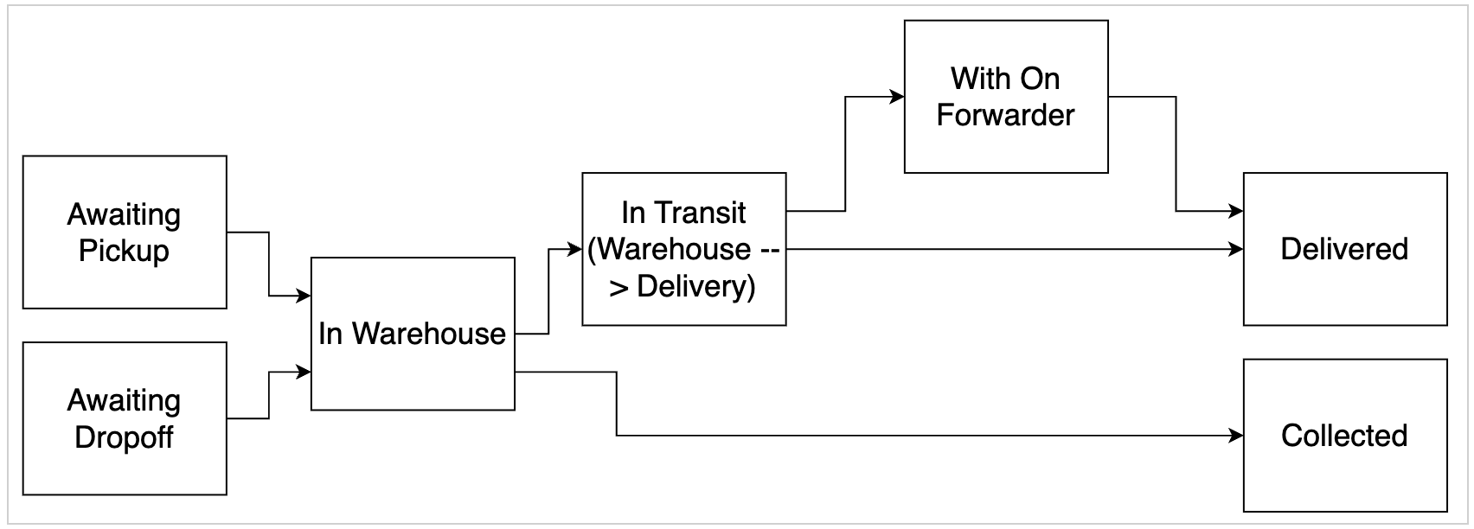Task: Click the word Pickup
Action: pyautogui.click(x=124, y=252)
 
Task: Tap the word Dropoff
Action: pyautogui.click(x=124, y=437)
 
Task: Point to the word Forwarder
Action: pyautogui.click(x=1005, y=115)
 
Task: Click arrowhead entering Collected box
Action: pyautogui.click(x=1237, y=436)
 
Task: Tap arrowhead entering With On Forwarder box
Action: pyautogui.click(x=898, y=97)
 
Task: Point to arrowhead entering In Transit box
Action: pyautogui.click(x=575, y=250)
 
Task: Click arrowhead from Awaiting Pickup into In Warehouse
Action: pyautogui.click(x=304, y=296)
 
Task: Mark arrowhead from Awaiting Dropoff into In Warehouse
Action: pyautogui.click(x=304, y=373)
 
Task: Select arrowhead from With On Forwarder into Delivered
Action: pyautogui.click(x=1237, y=211)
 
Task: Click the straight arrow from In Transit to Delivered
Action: pyautogui.click(x=1012, y=250)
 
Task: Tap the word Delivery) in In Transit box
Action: pyautogui.click(x=695, y=287)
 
